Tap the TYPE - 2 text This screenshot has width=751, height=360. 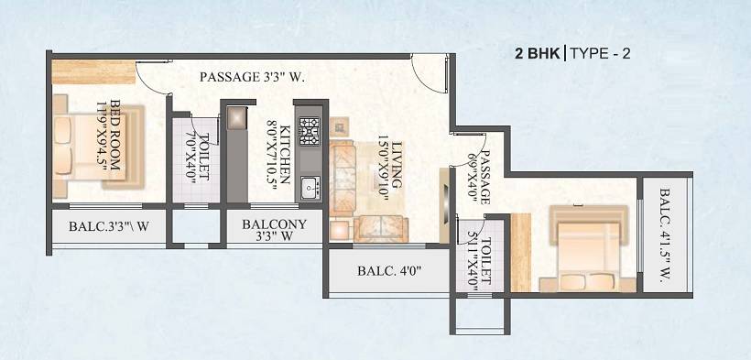click(x=601, y=53)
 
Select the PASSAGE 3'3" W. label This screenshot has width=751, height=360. click(x=252, y=78)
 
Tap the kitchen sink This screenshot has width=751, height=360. click(x=309, y=189)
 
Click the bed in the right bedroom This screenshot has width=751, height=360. click(x=586, y=248)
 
